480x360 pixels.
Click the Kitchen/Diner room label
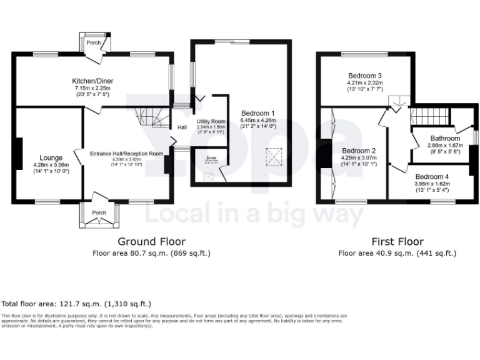(x=92, y=81)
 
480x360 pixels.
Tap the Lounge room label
(x=51, y=157)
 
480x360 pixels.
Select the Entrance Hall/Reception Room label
(x=126, y=153)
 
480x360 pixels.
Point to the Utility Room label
(x=211, y=121)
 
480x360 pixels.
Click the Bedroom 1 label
(x=258, y=113)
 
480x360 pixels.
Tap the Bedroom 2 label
(x=359, y=151)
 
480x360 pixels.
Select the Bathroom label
(x=444, y=138)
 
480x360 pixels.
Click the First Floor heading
(x=397, y=241)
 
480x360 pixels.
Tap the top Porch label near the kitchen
(x=94, y=42)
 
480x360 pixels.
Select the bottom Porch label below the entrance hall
(x=99, y=212)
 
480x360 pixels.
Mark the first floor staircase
(x=429, y=116)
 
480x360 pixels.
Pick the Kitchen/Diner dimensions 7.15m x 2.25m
(x=92, y=89)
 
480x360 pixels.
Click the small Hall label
(x=182, y=127)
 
